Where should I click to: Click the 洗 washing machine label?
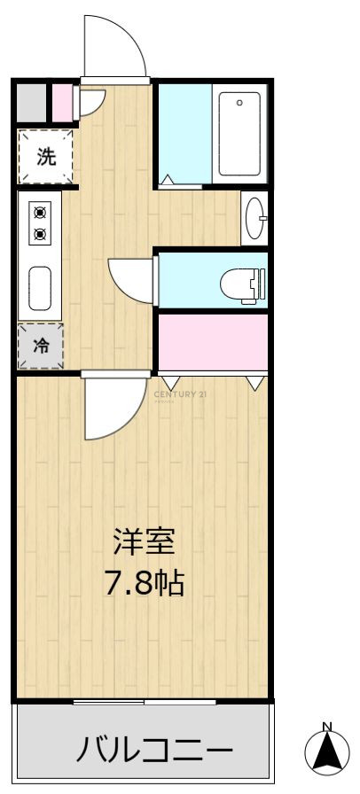coord(45,157)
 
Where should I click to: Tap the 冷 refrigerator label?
coord(42,346)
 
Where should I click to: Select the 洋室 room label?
coord(144,542)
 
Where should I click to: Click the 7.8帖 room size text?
coord(144,583)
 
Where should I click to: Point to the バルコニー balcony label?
coord(154,749)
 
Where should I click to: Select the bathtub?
coord(239,133)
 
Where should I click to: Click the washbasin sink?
coord(254,218)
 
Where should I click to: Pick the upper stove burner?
coord(40,213)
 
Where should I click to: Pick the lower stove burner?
coord(40,234)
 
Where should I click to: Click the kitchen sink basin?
coord(40,289)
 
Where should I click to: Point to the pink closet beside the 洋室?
coord(213,343)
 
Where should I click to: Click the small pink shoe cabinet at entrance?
coord(63,104)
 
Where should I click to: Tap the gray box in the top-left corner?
coord(31,104)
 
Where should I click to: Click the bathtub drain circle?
coord(239,103)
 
